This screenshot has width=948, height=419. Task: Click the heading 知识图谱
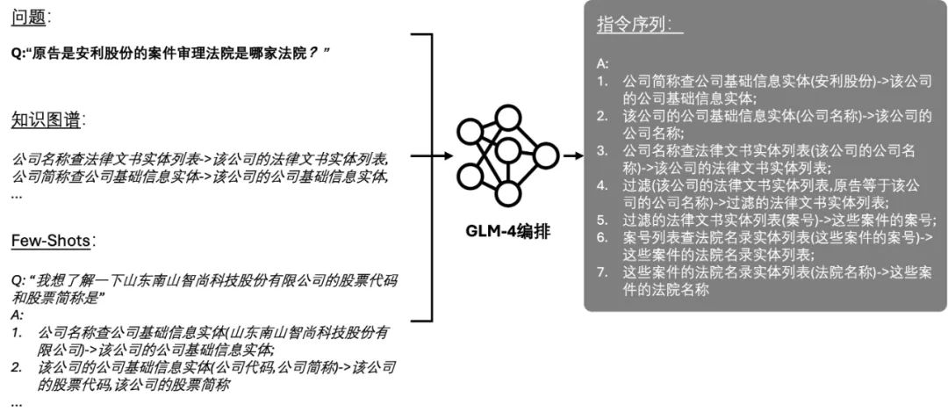pyautogui.click(x=47, y=120)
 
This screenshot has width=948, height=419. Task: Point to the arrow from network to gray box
pyautogui.click(x=573, y=156)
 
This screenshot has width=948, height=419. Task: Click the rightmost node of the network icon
pyautogui.click(x=546, y=156)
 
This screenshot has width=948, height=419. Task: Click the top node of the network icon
pyautogui.click(x=507, y=117)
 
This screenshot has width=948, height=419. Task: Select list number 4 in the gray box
pyautogui.click(x=602, y=185)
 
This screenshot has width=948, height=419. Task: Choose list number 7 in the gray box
pyautogui.click(x=602, y=271)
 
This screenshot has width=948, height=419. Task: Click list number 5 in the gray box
pyautogui.click(x=602, y=220)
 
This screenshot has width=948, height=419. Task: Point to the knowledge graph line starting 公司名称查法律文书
pyautogui.click(x=200, y=160)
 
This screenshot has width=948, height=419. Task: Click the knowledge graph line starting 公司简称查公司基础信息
pyautogui.click(x=200, y=177)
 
